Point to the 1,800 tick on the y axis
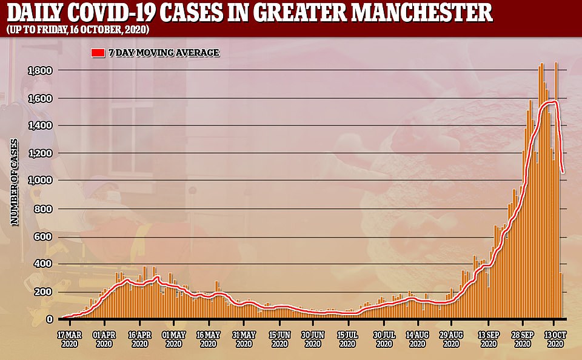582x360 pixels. (x=41, y=71)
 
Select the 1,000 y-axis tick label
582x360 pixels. (x=41, y=181)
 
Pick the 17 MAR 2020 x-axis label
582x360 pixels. (x=70, y=339)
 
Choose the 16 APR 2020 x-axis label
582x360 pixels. (x=139, y=339)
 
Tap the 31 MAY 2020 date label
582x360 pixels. (x=244, y=339)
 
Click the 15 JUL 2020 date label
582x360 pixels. (x=347, y=339)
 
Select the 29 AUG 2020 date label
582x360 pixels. (x=452, y=339)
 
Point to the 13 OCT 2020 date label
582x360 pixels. (x=556, y=339)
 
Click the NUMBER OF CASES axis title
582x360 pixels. (x=15, y=182)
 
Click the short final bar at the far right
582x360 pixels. (x=561, y=296)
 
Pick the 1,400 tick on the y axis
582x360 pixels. (x=41, y=126)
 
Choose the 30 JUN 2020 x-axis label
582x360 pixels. (x=313, y=339)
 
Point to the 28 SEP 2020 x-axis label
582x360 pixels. (x=521, y=339)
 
